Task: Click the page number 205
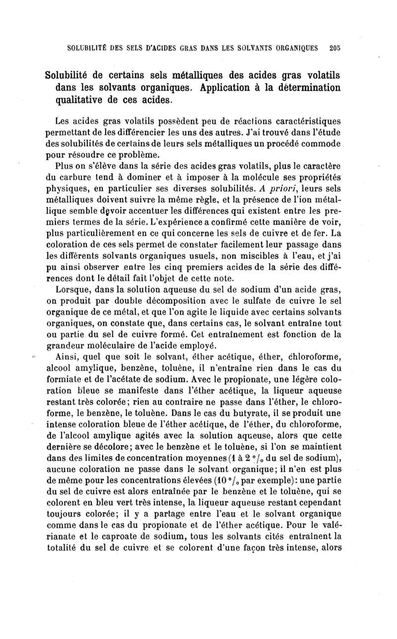click(x=334, y=49)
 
